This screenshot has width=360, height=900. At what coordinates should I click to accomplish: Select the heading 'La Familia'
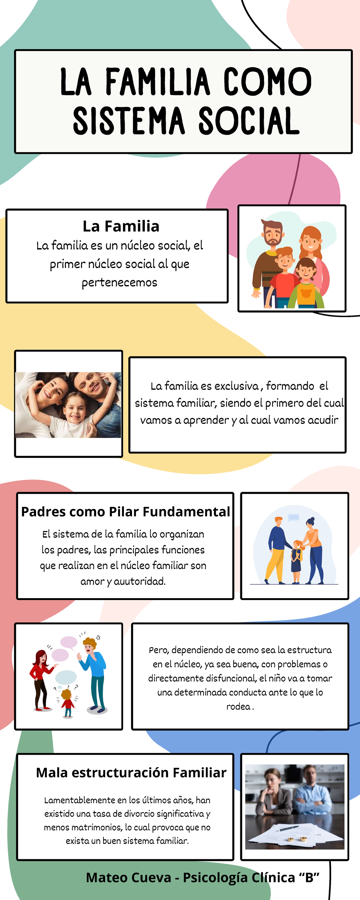[121, 226]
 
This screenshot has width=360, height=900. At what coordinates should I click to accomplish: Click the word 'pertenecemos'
[119, 282]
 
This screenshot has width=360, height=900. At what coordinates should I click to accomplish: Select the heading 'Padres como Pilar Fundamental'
[125, 511]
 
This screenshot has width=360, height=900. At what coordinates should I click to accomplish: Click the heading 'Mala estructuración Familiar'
[131, 772]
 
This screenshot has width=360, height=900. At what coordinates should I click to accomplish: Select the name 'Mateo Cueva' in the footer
[128, 877]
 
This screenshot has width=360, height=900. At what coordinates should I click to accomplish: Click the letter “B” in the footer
[309, 877]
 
